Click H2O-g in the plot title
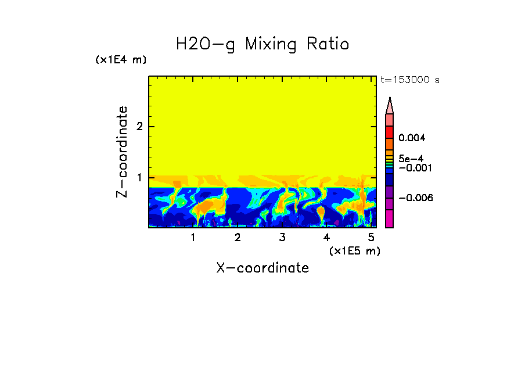point(206,44)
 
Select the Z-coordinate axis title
point(122,152)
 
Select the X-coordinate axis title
point(262,268)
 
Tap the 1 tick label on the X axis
point(193,238)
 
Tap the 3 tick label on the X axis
point(282,238)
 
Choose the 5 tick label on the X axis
point(371,238)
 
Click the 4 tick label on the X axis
point(326,238)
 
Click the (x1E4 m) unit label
point(121,60)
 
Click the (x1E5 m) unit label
point(354,250)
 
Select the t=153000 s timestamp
point(409,80)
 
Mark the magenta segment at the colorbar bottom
point(390,219)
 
